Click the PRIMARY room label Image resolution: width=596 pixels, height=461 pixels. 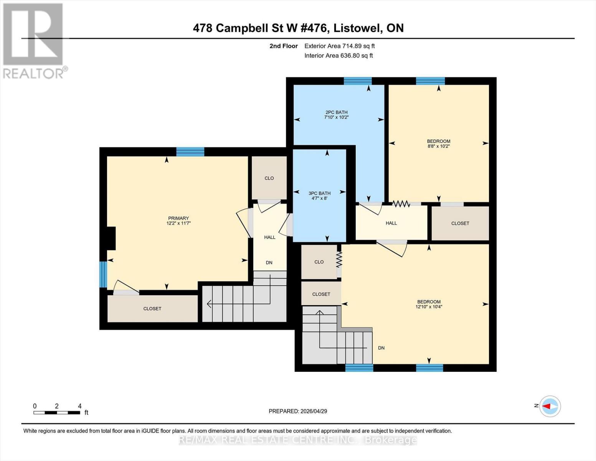coord(178,218)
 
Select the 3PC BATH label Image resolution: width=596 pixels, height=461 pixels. coord(319,193)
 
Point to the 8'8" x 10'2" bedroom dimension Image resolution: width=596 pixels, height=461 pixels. coord(439,146)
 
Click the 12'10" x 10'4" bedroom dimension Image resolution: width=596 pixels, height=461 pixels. coord(429,307)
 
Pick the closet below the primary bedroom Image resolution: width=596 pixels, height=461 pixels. coord(152,308)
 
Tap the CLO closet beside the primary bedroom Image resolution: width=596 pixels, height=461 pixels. coord(269,178)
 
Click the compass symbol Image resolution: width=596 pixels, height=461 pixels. coord(550,406)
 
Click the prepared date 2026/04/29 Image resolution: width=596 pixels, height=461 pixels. coord(298,411)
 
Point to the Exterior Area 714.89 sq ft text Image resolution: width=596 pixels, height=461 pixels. coord(339,46)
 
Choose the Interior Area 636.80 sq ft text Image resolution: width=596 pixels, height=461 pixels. coord(338,56)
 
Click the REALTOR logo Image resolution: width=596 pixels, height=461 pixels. coord(33,40)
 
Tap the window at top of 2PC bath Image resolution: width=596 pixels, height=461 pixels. coord(358,81)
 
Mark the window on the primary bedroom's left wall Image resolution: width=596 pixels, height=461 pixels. coord(103,274)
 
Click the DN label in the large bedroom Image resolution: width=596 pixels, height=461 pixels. coord(381,348)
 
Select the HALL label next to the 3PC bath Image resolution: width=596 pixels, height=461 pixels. coord(269,237)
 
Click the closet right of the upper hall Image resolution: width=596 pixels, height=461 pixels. coord(460,223)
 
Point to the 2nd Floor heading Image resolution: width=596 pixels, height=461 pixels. coord(284,46)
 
